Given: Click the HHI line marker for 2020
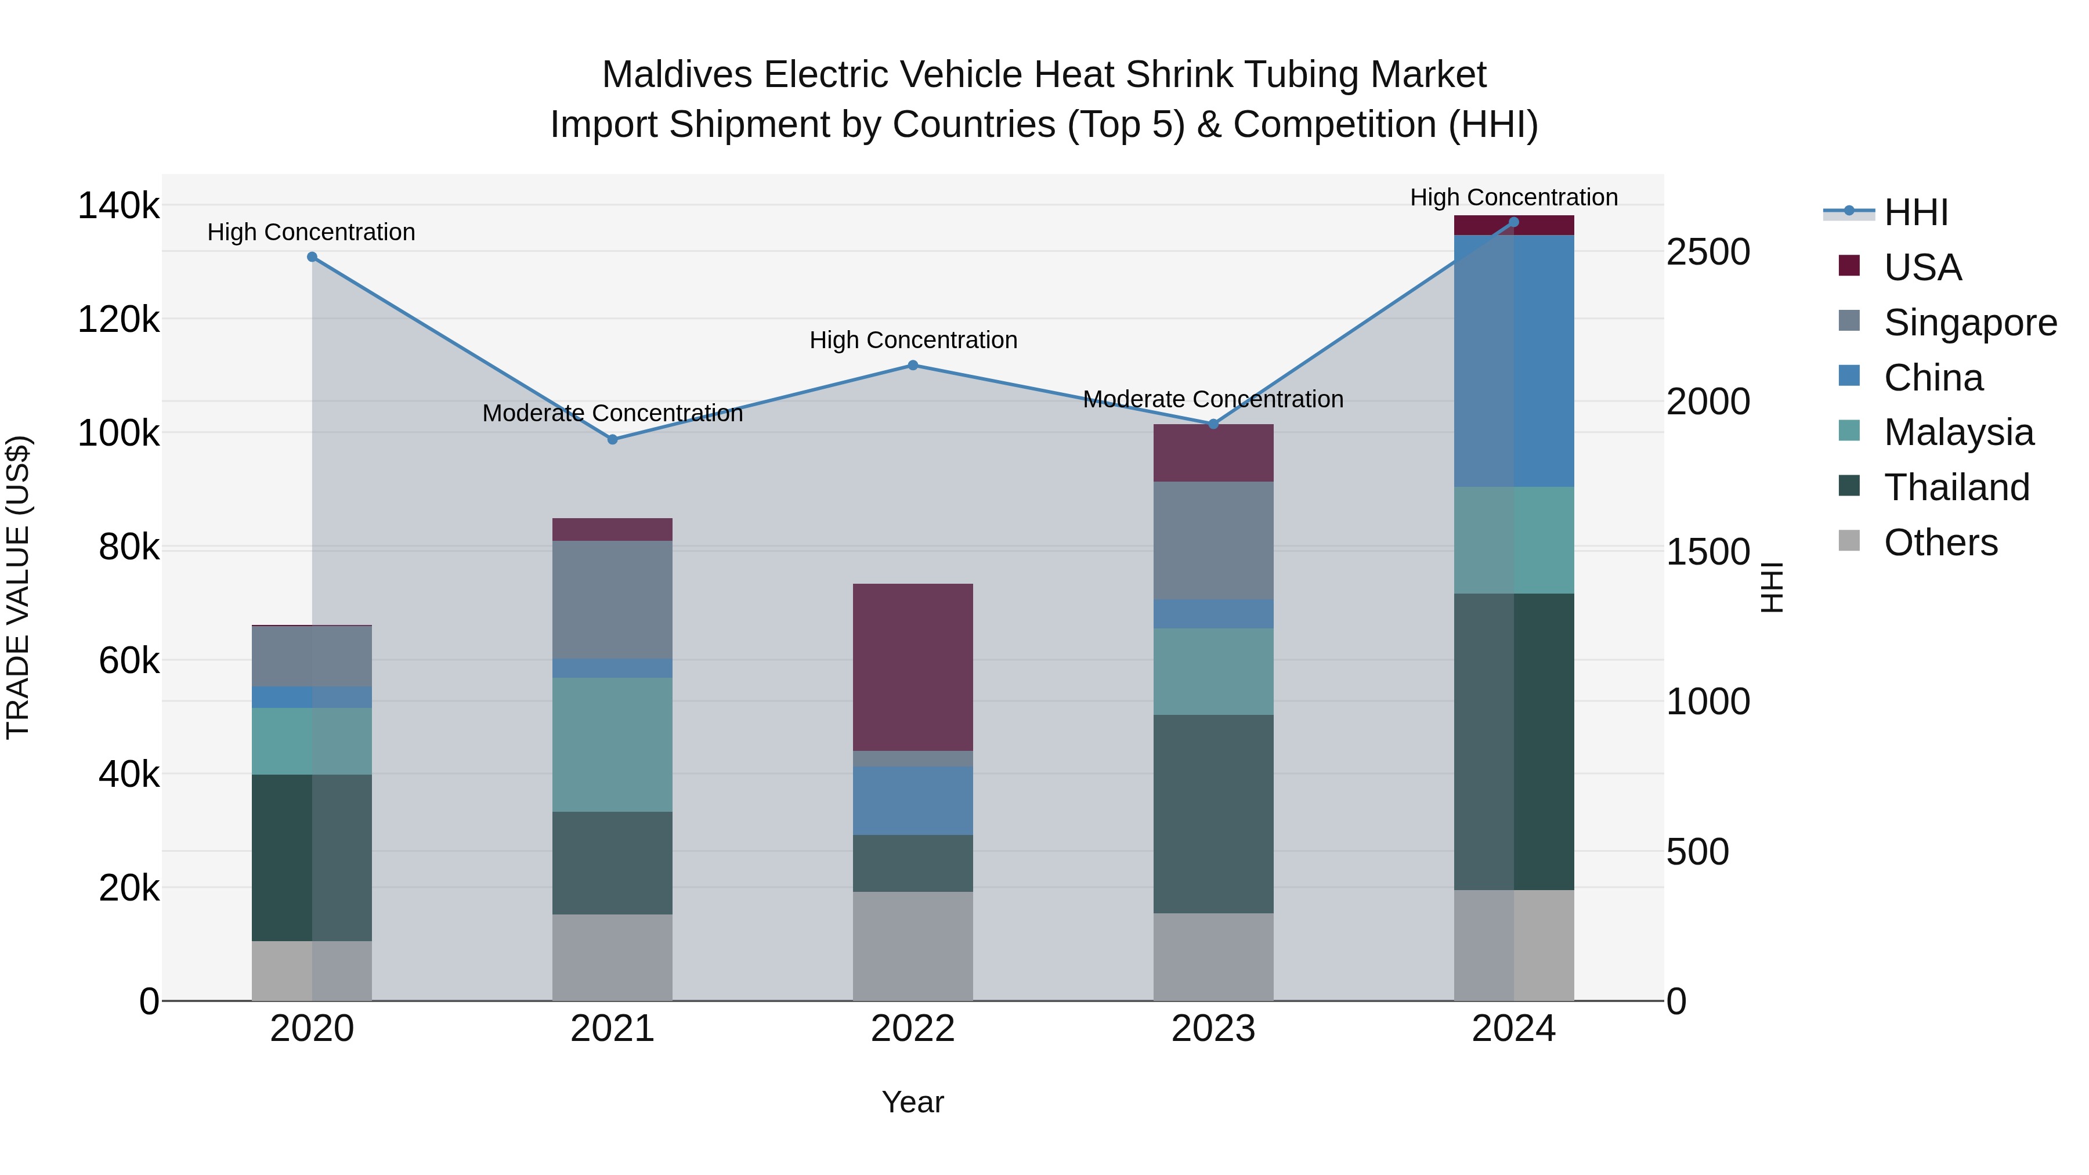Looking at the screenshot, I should [x=312, y=257].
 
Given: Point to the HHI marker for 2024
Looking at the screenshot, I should [x=1513, y=222].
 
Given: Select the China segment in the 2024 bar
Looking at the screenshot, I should [x=1513, y=361].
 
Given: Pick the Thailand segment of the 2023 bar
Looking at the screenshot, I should [x=1213, y=814].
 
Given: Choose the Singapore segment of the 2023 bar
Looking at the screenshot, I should [x=1213, y=540].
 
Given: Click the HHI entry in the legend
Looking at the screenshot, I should [x=1915, y=212].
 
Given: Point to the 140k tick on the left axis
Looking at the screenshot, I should [x=118, y=206].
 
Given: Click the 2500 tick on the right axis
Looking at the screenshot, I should [x=1708, y=252].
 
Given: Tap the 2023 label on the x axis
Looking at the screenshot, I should [x=1213, y=1029].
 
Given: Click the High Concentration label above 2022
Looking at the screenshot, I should [x=913, y=340].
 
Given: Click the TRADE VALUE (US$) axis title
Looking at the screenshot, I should [x=18, y=587].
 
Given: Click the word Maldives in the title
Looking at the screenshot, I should [x=677, y=75].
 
